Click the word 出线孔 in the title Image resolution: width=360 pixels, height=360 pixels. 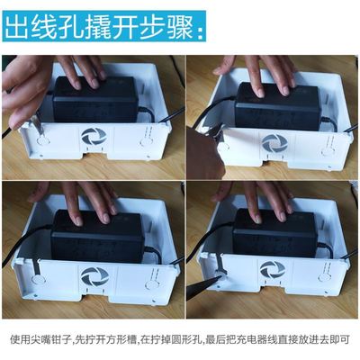point(38,27)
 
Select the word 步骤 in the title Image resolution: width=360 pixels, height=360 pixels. point(166,27)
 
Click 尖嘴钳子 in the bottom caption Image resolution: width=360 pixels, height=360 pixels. point(53,341)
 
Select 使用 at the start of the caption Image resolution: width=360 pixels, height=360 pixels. point(19,341)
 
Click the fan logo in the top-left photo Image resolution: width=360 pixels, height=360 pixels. point(93,137)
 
